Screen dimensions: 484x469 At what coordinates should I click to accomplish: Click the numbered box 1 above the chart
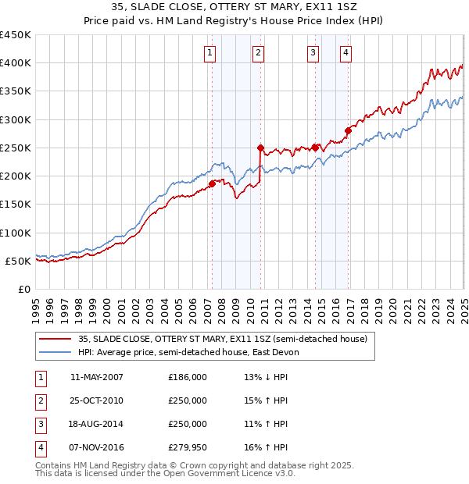211,53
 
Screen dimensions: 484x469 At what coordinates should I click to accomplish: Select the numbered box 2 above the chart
258,53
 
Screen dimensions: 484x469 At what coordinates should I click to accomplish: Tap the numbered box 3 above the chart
313,53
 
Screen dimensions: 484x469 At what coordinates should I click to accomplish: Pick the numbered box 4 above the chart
345,53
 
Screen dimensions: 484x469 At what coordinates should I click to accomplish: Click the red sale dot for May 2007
212,184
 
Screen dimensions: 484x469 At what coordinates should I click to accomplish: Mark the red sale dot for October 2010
261,148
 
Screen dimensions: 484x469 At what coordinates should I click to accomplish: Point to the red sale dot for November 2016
349,130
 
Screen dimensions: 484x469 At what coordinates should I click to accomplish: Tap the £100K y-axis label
16,233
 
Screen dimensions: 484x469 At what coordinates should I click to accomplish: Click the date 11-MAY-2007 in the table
97,377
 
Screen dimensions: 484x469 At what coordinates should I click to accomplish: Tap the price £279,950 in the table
188,447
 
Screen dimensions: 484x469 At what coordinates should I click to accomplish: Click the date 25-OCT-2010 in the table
97,400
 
